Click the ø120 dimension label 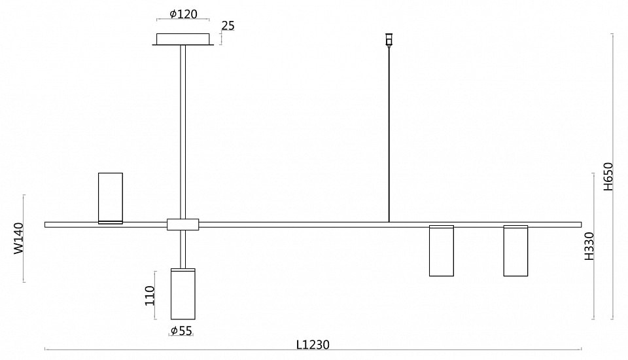183,14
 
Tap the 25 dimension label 228,26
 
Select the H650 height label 608,176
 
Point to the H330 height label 589,246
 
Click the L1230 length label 313,345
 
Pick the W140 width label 19,238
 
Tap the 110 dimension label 150,295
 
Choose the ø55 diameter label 181,331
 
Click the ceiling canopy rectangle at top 183,39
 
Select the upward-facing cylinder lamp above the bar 111,198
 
